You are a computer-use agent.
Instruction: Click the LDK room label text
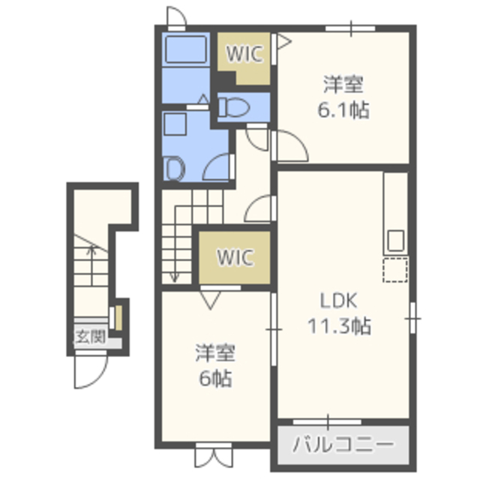[x=338, y=301]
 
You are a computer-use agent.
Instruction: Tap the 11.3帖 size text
[x=339, y=326]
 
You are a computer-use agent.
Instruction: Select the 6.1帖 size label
[x=343, y=110]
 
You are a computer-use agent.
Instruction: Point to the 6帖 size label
[x=215, y=379]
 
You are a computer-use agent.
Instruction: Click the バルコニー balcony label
[x=343, y=445]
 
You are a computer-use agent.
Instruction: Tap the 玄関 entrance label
[x=91, y=337]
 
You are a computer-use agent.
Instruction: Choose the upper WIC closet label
[x=244, y=54]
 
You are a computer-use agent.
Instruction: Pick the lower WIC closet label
[x=235, y=257]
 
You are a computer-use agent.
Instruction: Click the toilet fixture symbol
[x=234, y=107]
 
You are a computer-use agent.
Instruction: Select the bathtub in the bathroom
[x=186, y=49]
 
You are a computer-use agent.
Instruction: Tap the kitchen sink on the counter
[x=396, y=241]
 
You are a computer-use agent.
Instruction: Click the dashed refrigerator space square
[x=395, y=270]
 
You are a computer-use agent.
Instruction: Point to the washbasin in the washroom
[x=175, y=168]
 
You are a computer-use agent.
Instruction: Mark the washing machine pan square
[x=175, y=124]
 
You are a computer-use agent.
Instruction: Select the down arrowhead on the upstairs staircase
[x=175, y=277]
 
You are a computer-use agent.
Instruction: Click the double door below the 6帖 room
[x=214, y=455]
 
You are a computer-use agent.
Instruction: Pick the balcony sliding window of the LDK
[x=327, y=422]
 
